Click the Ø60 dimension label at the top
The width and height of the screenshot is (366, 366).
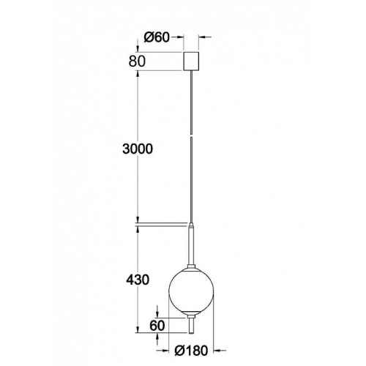(x=157, y=37)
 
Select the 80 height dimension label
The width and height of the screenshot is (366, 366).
(x=137, y=61)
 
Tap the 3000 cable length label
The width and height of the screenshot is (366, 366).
(x=138, y=149)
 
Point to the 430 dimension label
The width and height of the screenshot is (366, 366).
(x=138, y=280)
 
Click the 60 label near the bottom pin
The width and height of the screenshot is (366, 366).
(x=157, y=325)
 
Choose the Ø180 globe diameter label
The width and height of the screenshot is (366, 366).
(x=191, y=351)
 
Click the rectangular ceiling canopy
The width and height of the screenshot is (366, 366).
(x=191, y=61)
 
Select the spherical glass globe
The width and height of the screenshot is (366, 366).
(x=191, y=291)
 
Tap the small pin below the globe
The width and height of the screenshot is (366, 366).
(x=191, y=325)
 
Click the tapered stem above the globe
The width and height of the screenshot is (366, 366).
(x=191, y=244)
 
